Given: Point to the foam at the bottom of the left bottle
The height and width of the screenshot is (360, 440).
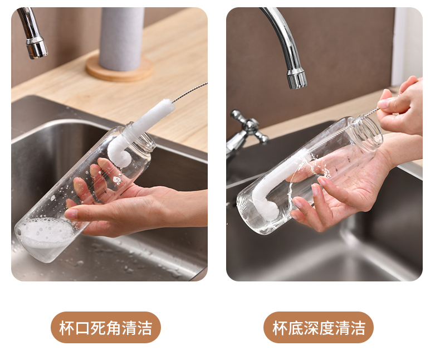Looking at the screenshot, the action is click(x=45, y=232).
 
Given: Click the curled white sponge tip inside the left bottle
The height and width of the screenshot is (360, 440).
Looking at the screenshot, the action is click(x=120, y=154).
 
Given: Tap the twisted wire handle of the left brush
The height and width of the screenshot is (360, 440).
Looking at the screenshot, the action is click(x=189, y=92).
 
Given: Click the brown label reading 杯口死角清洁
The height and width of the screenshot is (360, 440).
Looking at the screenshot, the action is click(x=106, y=327).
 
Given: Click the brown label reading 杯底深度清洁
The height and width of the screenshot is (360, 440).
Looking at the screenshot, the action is click(x=319, y=327).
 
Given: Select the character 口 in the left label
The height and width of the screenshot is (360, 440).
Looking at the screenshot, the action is click(x=82, y=328).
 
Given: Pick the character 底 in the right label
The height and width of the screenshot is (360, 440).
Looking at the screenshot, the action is click(x=295, y=328).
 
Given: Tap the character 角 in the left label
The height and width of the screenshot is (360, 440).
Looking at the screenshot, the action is click(x=114, y=328).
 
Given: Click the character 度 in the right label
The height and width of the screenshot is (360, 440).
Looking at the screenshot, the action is click(x=326, y=328).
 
